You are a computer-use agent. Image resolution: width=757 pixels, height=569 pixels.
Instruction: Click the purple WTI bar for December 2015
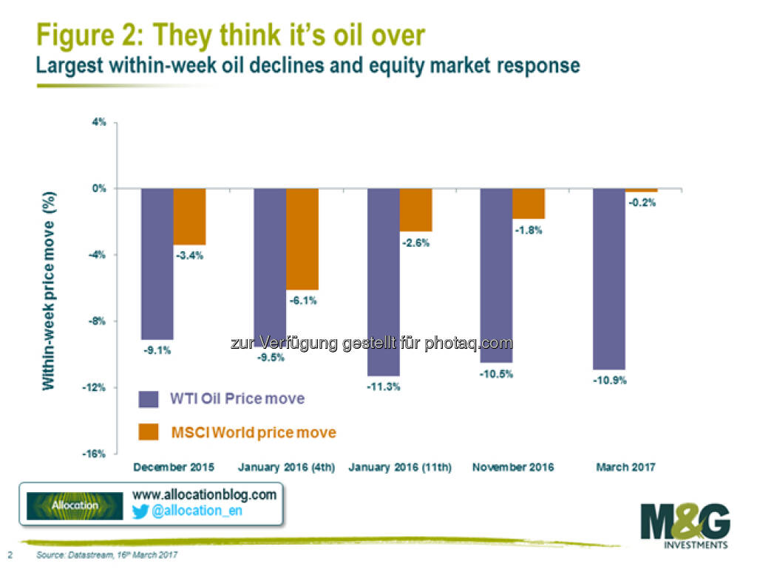(157, 263)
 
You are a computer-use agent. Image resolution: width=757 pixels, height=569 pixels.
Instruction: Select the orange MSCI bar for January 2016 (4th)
(302, 239)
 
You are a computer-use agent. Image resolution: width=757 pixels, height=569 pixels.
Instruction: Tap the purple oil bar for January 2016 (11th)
(383, 282)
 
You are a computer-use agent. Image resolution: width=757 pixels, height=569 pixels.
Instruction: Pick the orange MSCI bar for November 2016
(528, 203)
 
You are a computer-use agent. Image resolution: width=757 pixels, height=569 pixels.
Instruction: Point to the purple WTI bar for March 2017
(609, 279)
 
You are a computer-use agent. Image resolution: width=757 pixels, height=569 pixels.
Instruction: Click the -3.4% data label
(189, 256)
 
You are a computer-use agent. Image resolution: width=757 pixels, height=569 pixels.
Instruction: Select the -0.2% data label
(642, 202)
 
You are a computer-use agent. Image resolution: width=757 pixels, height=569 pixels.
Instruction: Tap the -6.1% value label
(302, 301)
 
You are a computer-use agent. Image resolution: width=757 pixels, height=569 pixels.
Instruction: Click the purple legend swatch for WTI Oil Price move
(148, 399)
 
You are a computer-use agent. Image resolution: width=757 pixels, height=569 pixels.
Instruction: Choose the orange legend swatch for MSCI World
(148, 432)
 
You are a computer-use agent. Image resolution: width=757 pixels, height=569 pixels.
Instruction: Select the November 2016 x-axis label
(512, 467)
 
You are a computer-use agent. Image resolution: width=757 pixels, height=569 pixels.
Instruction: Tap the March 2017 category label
(625, 467)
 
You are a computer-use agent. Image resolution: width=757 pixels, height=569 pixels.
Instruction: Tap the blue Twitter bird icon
(140, 511)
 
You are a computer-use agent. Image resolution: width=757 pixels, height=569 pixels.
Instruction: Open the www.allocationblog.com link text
(204, 494)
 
